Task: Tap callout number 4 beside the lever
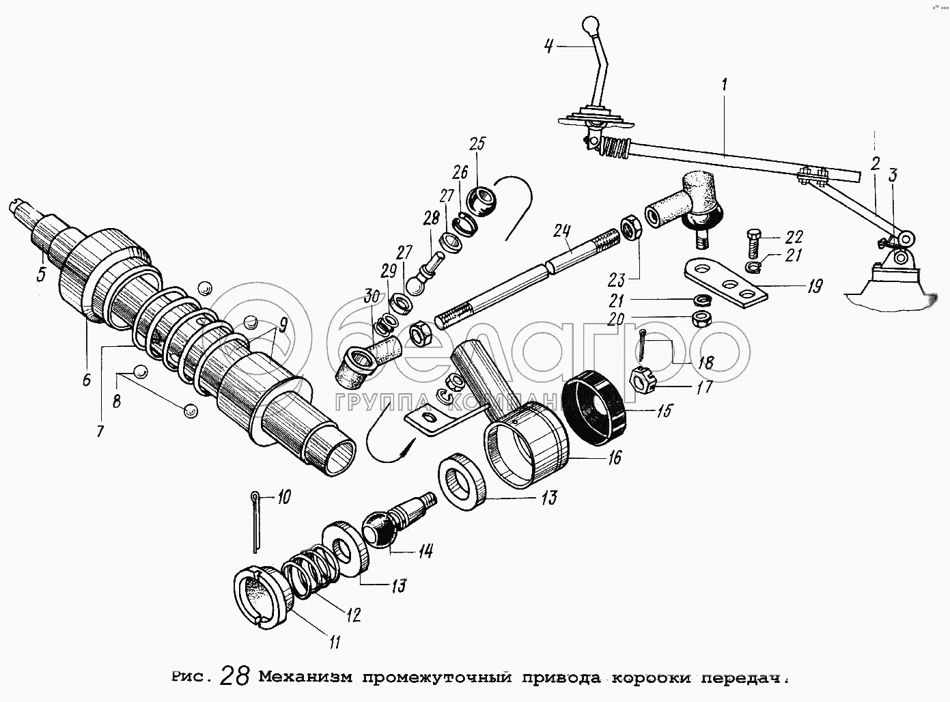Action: (548, 46)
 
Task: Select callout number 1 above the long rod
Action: (723, 87)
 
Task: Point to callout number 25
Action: (477, 144)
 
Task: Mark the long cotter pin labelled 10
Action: (255, 522)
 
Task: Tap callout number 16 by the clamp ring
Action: (614, 458)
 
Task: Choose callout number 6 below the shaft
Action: (86, 380)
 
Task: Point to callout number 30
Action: (372, 297)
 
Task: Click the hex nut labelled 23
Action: (630, 227)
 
